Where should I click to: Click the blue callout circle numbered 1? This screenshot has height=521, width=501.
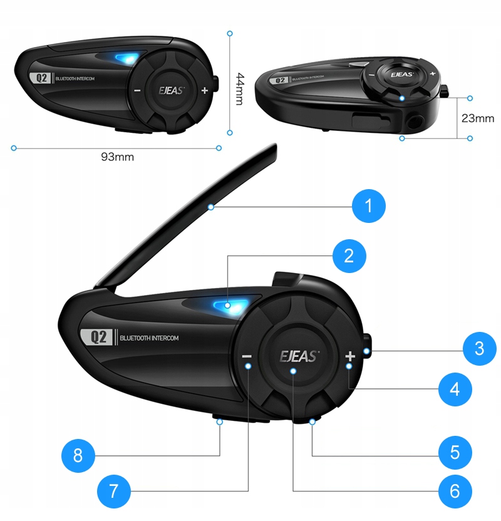pos(369,205)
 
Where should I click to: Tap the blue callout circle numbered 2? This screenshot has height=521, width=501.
pos(349,255)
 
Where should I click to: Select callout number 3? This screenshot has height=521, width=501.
pos(479,348)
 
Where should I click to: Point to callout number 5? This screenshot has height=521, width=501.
pos(455,451)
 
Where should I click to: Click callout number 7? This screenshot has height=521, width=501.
pos(113,490)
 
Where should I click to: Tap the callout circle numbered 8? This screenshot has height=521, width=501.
pos(78,455)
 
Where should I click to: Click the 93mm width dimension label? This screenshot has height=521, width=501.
pos(117,157)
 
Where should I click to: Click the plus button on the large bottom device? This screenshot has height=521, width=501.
pos(349,356)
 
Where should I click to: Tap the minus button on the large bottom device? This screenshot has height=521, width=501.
pos(247,356)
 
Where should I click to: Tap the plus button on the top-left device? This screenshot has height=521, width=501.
pos(205,90)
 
